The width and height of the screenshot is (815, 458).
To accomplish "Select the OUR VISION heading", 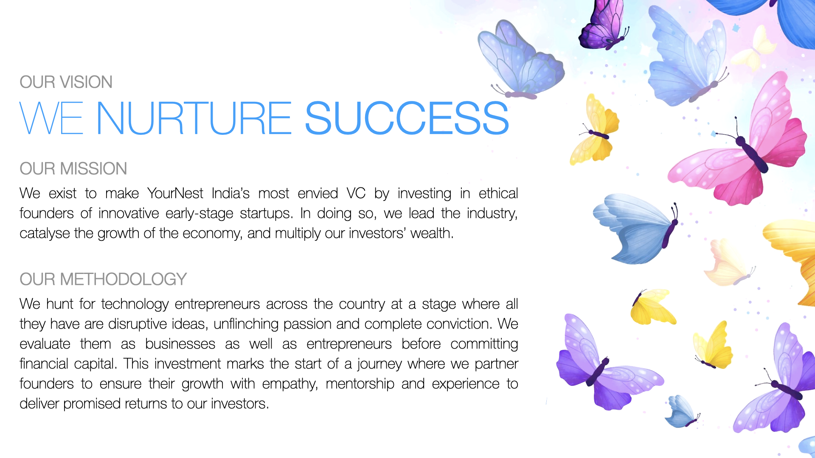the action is pos(66,82).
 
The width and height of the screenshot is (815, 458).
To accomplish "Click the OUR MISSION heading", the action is pos(73,168).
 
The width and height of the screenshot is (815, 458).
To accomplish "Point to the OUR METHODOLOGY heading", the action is pos(103,279).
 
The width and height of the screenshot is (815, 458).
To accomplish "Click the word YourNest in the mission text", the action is pos(175,193).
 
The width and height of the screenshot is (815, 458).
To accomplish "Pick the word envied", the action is pos(318,193).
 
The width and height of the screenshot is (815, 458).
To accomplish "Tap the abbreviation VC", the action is pos(356,193).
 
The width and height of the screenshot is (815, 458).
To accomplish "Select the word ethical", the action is pos(498,193).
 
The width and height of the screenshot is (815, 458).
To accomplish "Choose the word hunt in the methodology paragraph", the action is pos(60,304).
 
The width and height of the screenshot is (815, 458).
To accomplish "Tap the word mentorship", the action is pos(360,384).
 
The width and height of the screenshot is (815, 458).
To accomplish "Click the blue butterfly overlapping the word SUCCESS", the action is pos(520,59).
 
